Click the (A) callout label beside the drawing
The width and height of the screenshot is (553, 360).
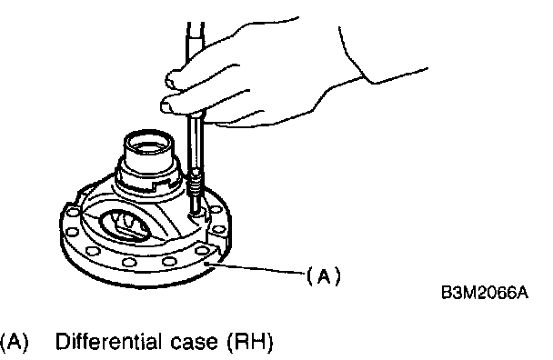tap(324, 275)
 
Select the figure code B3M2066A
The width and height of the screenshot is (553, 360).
tap(485, 293)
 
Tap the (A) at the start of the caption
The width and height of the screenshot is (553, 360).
tap(14, 341)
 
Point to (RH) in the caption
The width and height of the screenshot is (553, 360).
tap(250, 341)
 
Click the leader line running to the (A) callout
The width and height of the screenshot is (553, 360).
tap(256, 267)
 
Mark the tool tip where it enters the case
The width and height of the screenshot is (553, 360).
tap(195, 213)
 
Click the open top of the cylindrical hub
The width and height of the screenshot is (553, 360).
tap(148, 142)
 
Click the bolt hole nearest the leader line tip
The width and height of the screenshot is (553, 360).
tap(203, 251)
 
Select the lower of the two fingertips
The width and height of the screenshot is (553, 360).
tap(166, 105)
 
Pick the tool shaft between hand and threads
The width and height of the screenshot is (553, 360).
tap(195, 145)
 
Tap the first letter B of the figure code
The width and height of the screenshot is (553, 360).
tap(447, 293)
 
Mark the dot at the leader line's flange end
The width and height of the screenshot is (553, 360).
tap(208, 263)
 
